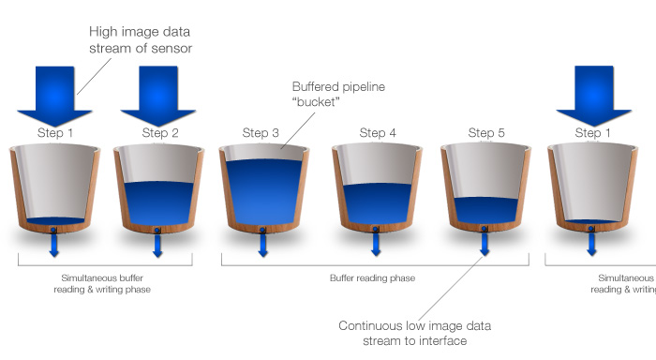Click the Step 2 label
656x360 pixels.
pyautogui.click(x=160, y=133)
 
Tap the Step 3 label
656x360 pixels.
pyautogui.click(x=261, y=133)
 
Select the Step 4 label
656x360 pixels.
pyautogui.click(x=378, y=133)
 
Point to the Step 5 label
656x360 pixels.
pyautogui.click(x=486, y=133)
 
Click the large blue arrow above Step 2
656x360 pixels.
pyautogui.click(x=158, y=97)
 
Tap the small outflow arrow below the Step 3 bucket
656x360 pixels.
pyautogui.click(x=262, y=245)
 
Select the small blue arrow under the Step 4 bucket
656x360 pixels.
pyautogui.click(x=376, y=245)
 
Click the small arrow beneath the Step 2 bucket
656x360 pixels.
pyautogui.click(x=157, y=246)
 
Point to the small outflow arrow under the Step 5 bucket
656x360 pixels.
pyautogui.click(x=485, y=244)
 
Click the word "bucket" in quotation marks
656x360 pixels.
pyautogui.click(x=316, y=102)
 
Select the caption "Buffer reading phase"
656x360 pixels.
pyautogui.click(x=372, y=277)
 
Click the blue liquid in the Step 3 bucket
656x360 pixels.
pyautogui.click(x=263, y=192)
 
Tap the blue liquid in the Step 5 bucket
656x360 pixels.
pyautogui.click(x=485, y=210)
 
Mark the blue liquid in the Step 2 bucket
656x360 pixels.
pyautogui.click(x=159, y=203)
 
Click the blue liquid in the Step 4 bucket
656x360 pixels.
pyautogui.click(x=378, y=203)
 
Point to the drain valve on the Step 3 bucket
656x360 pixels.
pyautogui.click(x=262, y=230)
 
